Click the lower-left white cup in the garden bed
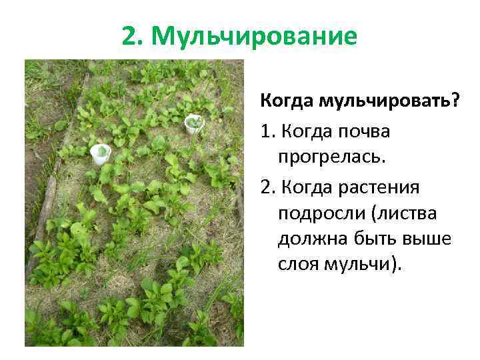tap(100, 152)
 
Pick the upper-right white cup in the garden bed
tap(193, 123)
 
